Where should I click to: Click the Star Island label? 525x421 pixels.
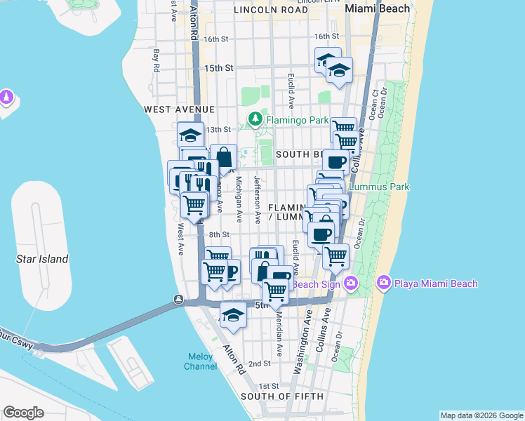tap(42, 259)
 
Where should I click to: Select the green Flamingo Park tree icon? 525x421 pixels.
tap(255, 120)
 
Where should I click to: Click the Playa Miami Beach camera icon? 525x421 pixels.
tap(384, 283)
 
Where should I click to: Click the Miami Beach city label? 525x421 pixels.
tap(377, 8)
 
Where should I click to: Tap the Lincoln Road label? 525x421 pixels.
tap(270, 10)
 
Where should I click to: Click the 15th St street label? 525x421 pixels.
tap(218, 68)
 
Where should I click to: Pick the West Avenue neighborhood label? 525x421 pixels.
tap(179, 109)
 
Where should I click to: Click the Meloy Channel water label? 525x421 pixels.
tap(200, 361)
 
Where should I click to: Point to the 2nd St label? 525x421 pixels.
tap(260, 363)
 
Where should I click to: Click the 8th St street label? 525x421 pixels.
tap(219, 235)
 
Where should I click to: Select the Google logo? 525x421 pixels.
tap(23, 413)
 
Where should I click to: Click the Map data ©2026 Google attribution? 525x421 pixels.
tap(481, 415)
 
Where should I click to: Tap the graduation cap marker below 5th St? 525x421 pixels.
tap(233, 315)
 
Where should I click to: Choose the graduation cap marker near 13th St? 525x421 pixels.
tap(190, 134)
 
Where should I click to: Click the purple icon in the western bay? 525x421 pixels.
tap(7, 95)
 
